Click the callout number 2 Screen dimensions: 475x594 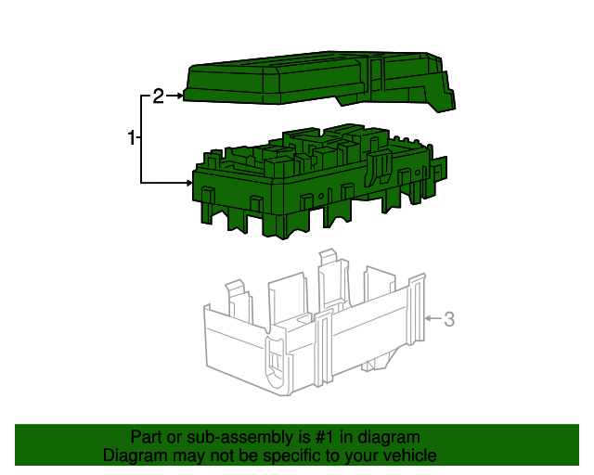pyautogui.click(x=158, y=96)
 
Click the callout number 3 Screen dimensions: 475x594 pyautogui.click(x=448, y=319)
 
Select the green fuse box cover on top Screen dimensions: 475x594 pyautogui.click(x=306, y=80)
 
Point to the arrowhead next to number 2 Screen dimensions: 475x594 pyautogui.click(x=178, y=96)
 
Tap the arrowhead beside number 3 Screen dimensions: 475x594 pyautogui.click(x=429, y=319)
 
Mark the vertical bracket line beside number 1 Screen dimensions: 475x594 pyautogui.click(x=142, y=139)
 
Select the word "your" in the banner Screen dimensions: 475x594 pyautogui.click(x=360, y=456)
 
